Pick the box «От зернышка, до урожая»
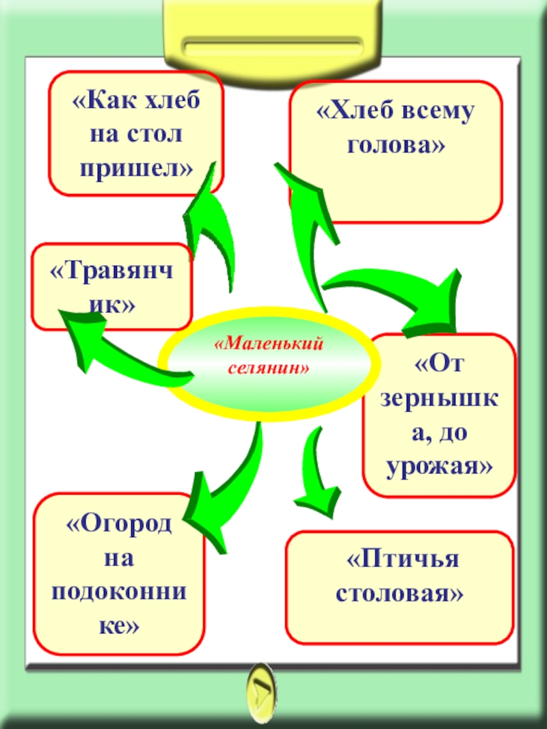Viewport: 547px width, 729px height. pos(438,415)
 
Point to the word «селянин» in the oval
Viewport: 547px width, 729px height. pos(268,368)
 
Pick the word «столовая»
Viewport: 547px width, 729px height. pos(399,592)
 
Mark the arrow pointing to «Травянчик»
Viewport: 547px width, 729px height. pos(116,345)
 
